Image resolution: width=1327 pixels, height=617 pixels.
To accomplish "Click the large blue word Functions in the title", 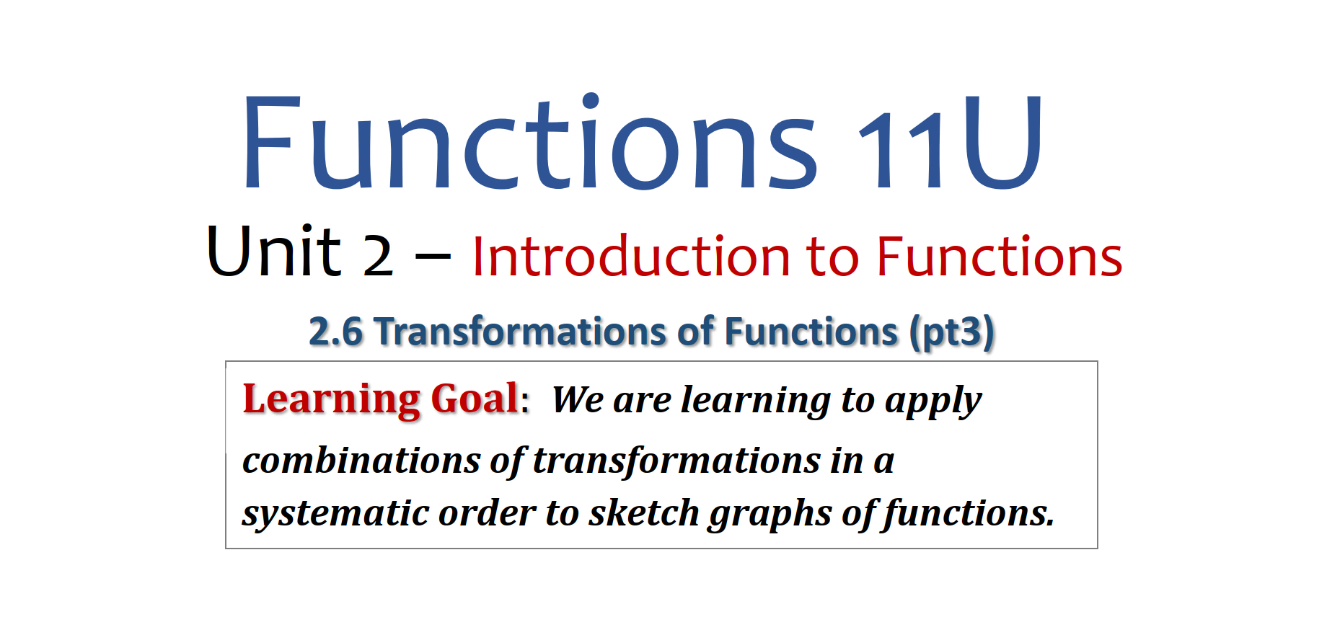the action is coord(530,142).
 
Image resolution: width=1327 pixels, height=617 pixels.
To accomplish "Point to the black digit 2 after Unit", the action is coord(378,256).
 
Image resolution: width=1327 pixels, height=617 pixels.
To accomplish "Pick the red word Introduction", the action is coord(631,256).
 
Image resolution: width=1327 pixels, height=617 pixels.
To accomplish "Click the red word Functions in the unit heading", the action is coord(1000,256).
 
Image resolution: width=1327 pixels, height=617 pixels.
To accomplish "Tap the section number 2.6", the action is coord(335,332).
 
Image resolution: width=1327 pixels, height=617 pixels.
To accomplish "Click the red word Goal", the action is coord(475,398).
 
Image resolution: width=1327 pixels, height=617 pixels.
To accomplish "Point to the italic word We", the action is coord(578,400).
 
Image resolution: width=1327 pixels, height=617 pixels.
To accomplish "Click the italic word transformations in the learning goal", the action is coord(676,461).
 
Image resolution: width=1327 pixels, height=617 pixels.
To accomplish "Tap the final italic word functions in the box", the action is coord(969,515).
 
